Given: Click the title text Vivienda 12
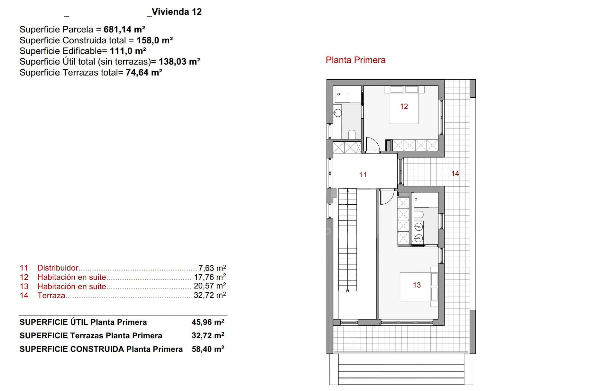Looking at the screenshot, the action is click(x=177, y=12).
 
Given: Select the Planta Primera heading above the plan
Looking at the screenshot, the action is click(x=355, y=60).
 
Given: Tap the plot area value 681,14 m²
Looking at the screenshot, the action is click(x=124, y=30).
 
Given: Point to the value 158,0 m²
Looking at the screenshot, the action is click(x=155, y=40).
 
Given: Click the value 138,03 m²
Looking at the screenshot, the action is click(x=179, y=62).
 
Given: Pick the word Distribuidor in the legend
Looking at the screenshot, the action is click(x=58, y=268).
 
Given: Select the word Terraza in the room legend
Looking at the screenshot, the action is click(x=51, y=296).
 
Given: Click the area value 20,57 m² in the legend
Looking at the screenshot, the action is click(x=210, y=286).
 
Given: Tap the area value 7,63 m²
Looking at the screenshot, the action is click(x=212, y=268).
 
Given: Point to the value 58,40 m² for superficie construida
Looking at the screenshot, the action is click(x=208, y=349).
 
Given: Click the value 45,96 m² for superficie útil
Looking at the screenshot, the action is click(x=208, y=322).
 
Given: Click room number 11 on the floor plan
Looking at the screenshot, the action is click(x=363, y=175).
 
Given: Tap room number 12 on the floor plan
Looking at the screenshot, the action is click(x=404, y=106).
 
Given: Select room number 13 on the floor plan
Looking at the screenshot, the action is click(x=417, y=285).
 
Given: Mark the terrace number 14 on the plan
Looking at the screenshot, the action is click(x=455, y=174).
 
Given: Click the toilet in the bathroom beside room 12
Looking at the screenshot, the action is click(x=352, y=135).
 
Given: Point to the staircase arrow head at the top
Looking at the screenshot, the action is click(x=348, y=190).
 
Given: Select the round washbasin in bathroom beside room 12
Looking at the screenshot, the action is click(x=337, y=113).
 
